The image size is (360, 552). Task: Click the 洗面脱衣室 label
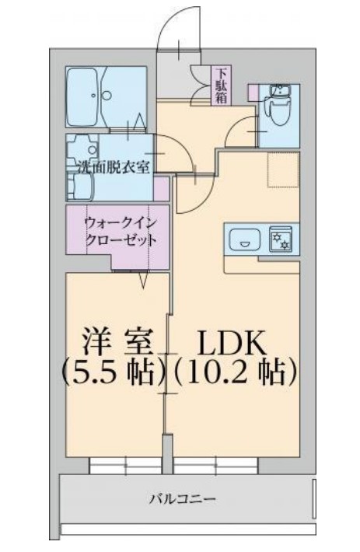[112, 166]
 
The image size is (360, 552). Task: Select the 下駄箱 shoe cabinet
[221, 86]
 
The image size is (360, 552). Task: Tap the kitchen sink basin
[246, 241]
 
